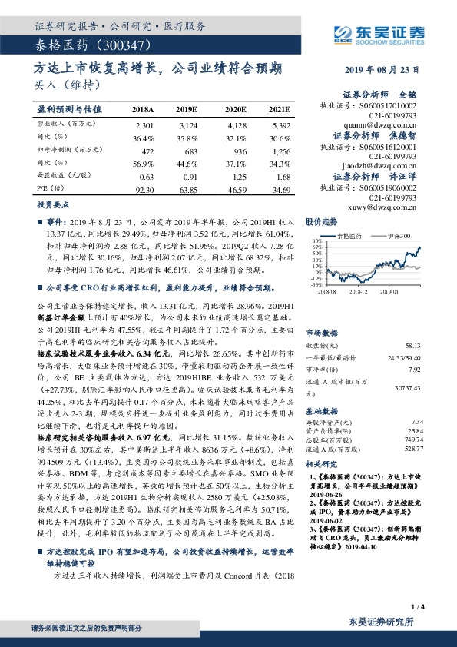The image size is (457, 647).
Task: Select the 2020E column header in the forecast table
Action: (235, 111)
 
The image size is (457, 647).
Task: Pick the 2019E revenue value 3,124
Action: (188, 124)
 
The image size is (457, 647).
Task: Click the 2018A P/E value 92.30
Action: (144, 188)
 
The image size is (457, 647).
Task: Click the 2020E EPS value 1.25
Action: (235, 176)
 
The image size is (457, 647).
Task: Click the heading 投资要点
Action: (50, 206)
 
